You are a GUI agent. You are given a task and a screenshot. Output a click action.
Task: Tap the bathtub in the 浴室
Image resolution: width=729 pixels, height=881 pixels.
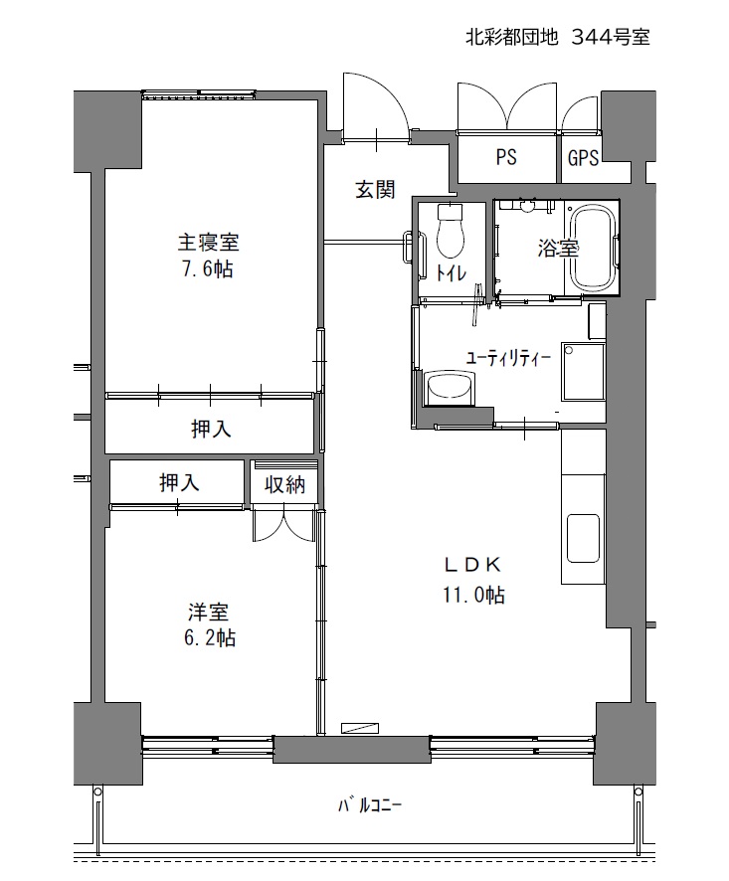[x=593, y=249]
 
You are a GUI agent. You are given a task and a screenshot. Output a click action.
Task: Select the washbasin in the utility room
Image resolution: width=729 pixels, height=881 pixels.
[x=451, y=387]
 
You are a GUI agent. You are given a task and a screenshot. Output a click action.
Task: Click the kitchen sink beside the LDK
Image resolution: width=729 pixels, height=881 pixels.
[x=584, y=538]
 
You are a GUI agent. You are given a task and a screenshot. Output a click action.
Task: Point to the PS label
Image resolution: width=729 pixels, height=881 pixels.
[x=506, y=157]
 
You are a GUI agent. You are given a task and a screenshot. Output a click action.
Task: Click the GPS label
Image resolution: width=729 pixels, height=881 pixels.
[x=583, y=158]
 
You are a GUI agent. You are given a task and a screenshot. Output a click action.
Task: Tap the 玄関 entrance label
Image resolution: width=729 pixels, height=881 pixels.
[x=375, y=190]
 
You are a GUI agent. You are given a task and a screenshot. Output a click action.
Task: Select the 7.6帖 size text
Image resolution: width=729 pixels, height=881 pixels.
[x=207, y=269]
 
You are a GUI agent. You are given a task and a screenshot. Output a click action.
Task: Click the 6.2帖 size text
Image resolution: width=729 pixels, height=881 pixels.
[x=209, y=637]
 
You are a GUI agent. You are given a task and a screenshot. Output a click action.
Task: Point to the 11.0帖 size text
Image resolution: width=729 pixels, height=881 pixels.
[x=473, y=595]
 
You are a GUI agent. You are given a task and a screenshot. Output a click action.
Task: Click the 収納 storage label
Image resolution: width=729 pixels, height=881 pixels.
[x=285, y=484]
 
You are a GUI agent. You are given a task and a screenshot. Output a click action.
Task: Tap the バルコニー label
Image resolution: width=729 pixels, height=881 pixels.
[x=370, y=805]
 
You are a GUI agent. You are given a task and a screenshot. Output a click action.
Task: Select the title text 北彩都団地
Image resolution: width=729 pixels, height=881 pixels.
[x=511, y=37]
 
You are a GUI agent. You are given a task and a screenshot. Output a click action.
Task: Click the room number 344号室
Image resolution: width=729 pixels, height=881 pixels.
[x=611, y=37]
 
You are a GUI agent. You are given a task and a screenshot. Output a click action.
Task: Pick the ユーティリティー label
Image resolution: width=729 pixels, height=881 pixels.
[x=508, y=358]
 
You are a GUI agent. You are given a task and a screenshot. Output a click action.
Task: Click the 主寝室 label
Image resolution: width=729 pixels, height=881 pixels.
[x=208, y=243]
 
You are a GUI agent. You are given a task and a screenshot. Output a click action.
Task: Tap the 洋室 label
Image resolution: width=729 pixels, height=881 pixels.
[x=209, y=612]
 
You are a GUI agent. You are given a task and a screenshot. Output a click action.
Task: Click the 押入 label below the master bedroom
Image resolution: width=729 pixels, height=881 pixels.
[x=211, y=430]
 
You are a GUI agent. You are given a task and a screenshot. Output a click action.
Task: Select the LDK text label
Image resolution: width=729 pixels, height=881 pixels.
[x=472, y=565]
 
